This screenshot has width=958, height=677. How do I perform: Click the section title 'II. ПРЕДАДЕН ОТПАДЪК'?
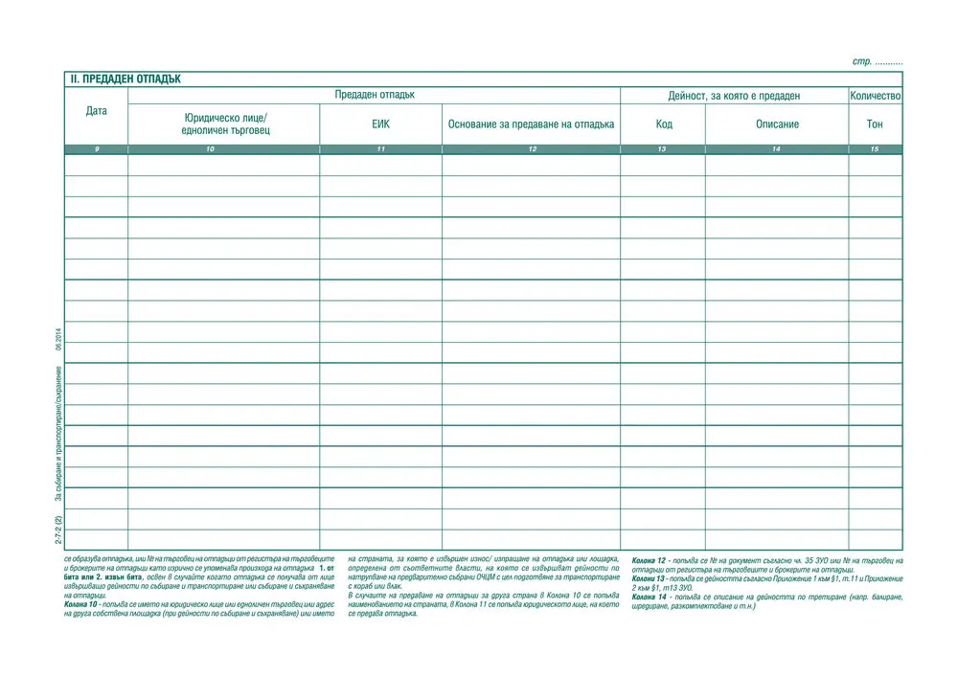point(125,79)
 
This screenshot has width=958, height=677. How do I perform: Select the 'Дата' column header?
point(96,111)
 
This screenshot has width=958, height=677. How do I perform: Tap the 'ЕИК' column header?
point(380,124)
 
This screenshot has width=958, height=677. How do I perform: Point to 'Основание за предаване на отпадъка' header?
point(531,124)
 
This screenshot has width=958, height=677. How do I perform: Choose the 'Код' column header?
point(663,124)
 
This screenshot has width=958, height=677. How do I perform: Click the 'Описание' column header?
point(777,124)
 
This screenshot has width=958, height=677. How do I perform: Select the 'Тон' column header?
point(875,124)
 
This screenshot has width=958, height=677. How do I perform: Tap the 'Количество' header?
point(875,96)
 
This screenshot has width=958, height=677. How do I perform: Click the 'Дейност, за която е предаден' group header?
point(734,96)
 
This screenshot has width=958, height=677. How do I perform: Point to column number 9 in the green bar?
point(96,149)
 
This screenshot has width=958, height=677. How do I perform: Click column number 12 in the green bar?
point(531,149)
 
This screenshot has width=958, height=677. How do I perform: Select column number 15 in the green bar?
point(875,149)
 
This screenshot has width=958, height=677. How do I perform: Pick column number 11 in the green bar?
point(380,149)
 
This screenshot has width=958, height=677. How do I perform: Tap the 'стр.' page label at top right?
point(861,62)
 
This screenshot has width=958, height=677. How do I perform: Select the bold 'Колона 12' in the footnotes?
point(649,559)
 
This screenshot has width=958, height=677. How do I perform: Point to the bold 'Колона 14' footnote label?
point(649,597)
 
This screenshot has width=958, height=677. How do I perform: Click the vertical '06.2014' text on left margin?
point(58,340)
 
